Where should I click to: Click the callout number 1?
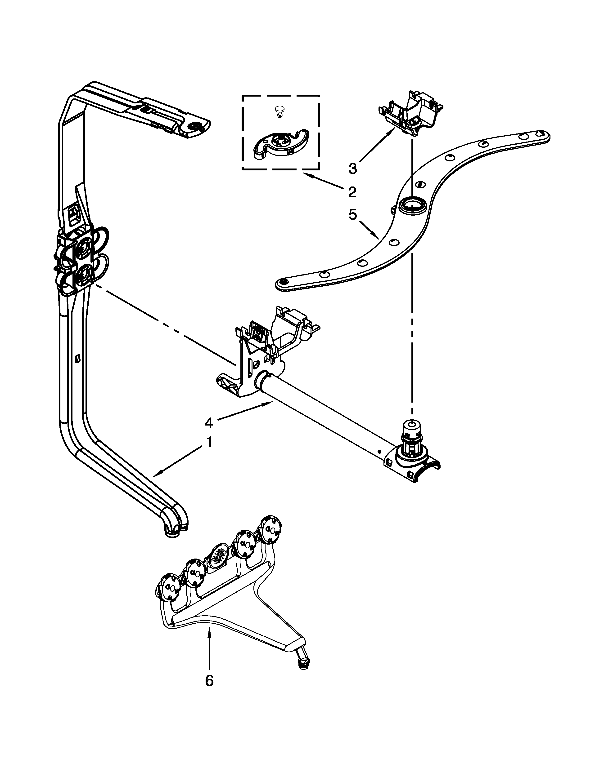[x=209, y=442]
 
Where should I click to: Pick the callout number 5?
[x=352, y=215]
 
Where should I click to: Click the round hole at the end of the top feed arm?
[x=196, y=126]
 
